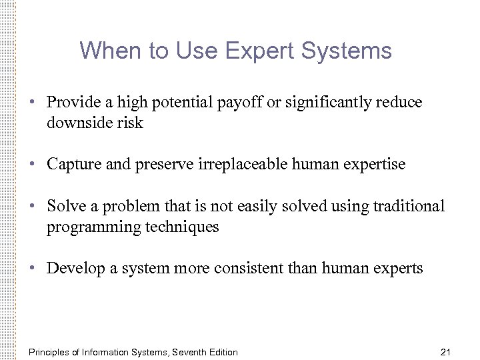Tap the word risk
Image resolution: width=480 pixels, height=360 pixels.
130,123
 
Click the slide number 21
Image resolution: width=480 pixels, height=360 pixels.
447,352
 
